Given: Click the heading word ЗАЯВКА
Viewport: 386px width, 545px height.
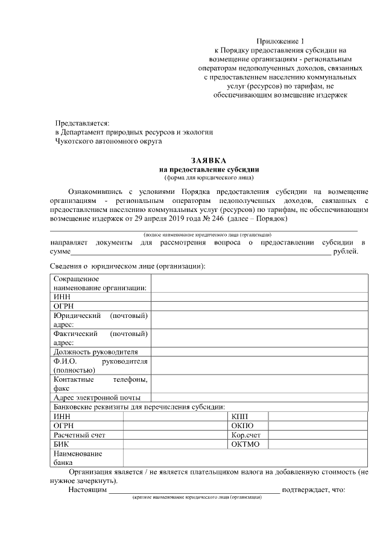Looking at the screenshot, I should (209, 161).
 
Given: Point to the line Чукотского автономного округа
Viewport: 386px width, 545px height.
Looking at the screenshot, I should (109, 142).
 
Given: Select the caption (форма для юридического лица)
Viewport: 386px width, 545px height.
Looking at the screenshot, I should (209, 178).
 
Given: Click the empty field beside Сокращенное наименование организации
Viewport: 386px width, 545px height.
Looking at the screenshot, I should (259, 284).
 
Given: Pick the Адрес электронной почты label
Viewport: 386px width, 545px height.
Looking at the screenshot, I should (97, 398).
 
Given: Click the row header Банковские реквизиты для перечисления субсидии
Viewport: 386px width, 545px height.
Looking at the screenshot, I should (139, 407).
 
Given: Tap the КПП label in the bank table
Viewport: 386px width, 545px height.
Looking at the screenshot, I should (239, 417).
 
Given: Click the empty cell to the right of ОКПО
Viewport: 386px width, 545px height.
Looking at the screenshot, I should (317, 426).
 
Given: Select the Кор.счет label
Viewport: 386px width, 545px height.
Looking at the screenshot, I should (246, 435).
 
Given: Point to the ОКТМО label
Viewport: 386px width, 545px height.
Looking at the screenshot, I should (245, 444).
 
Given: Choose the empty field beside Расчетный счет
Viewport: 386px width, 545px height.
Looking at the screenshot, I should (176, 435).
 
